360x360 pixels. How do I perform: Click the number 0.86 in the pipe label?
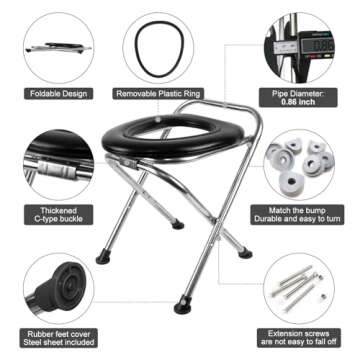point(301,103)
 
